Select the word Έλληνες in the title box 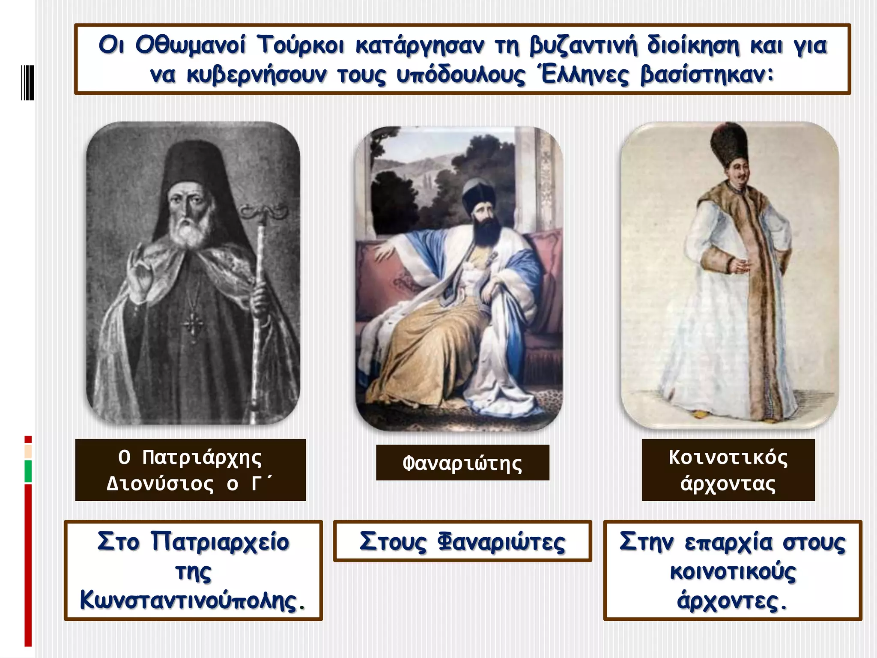[584, 75]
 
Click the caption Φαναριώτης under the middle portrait [462, 463]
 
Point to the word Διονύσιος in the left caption [160, 484]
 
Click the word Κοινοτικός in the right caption [728, 458]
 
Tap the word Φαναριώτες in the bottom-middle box [501, 542]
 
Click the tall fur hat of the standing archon [729, 144]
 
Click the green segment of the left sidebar [28, 471]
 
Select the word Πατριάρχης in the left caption [202, 458]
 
